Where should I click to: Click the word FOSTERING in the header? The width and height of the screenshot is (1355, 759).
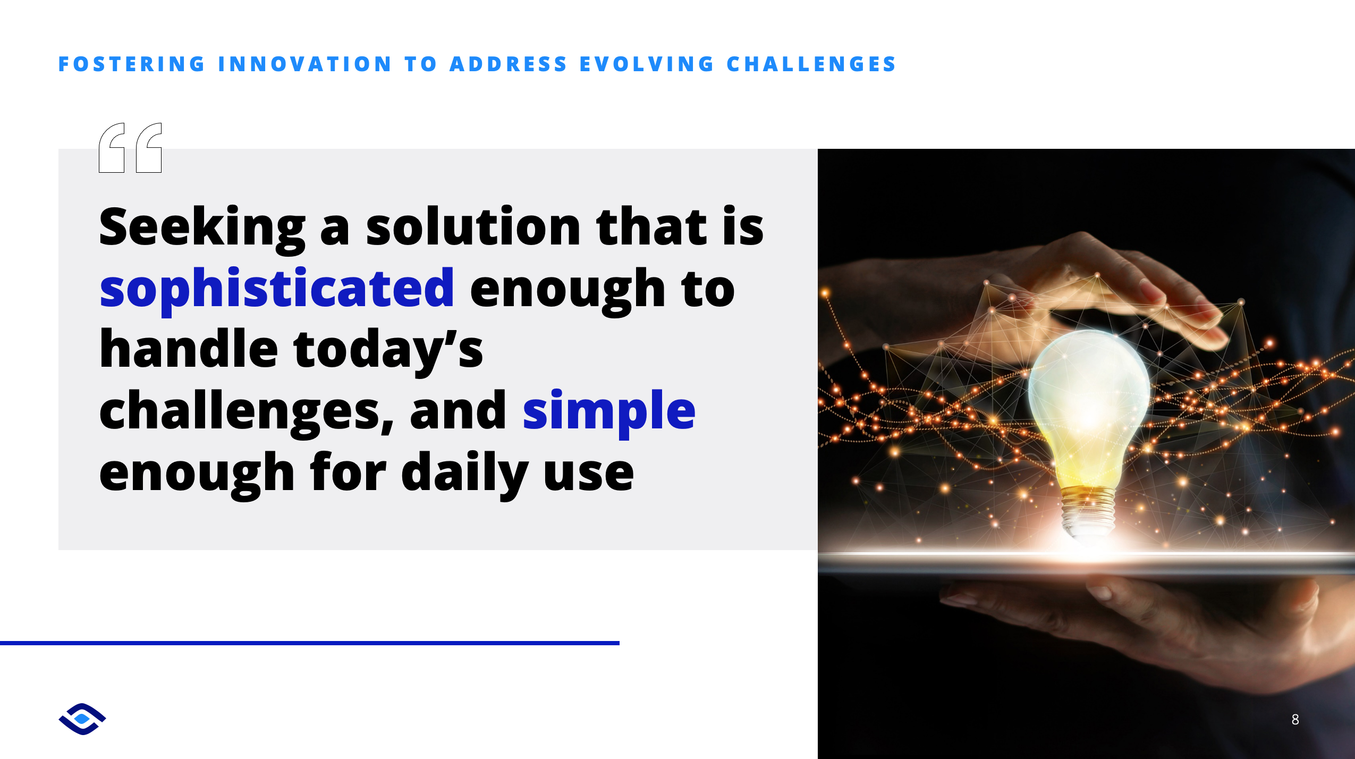pos(131,64)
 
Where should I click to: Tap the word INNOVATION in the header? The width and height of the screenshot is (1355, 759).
pos(305,64)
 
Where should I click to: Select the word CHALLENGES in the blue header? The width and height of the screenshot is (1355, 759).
pos(811,64)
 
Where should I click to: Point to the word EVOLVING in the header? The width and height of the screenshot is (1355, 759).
pos(647,64)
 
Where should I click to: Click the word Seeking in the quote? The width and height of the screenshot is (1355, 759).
pos(202,227)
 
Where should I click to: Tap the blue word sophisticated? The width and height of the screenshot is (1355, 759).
pos(277,290)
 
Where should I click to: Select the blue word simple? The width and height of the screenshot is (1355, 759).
pos(609,412)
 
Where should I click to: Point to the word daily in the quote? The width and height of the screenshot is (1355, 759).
pos(465,473)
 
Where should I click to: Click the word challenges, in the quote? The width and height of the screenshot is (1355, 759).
pos(247,412)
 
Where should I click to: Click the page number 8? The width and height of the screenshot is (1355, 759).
pos(1295,719)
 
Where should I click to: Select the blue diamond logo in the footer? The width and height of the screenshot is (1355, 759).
pos(82,719)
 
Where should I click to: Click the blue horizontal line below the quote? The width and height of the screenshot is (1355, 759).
pos(310,643)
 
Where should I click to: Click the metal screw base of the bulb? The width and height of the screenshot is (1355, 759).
pos(1087,510)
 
